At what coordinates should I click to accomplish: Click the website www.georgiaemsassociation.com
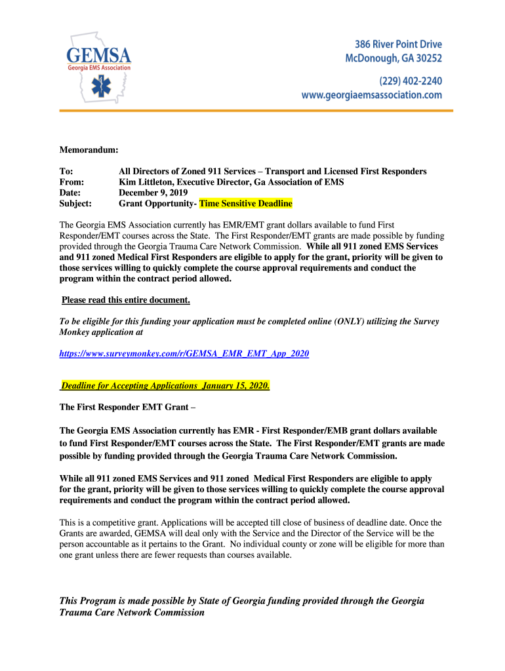[371, 95]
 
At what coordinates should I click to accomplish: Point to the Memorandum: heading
[89, 150]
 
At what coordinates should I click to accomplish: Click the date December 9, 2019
[153, 193]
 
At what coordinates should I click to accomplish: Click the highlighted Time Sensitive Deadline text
[246, 204]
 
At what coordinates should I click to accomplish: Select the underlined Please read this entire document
[126, 300]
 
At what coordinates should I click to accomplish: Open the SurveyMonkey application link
[184, 353]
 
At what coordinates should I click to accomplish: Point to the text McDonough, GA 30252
[394, 58]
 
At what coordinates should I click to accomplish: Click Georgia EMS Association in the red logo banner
[100, 67]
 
